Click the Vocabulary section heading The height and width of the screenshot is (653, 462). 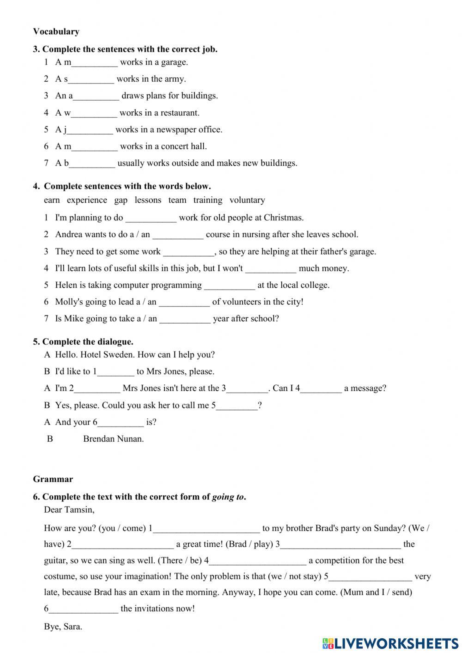[56, 31]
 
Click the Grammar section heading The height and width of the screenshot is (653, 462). [53, 479]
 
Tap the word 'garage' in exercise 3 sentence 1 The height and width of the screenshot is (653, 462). [173, 62]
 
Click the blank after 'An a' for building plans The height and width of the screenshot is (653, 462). [96, 96]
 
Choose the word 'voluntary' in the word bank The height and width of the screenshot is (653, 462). [247, 200]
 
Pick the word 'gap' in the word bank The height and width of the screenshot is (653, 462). [121, 200]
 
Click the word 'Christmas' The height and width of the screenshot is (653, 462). [284, 218]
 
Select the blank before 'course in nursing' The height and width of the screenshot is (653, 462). [178, 235]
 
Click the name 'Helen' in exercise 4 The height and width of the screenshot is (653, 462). [66, 285]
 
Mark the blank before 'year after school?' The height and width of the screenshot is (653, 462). [185, 319]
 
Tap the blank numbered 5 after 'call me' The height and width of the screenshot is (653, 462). [237, 406]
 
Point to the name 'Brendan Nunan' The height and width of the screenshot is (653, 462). [113, 439]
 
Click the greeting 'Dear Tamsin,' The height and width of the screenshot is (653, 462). [69, 510]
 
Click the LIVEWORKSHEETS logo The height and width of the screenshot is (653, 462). [390, 643]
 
